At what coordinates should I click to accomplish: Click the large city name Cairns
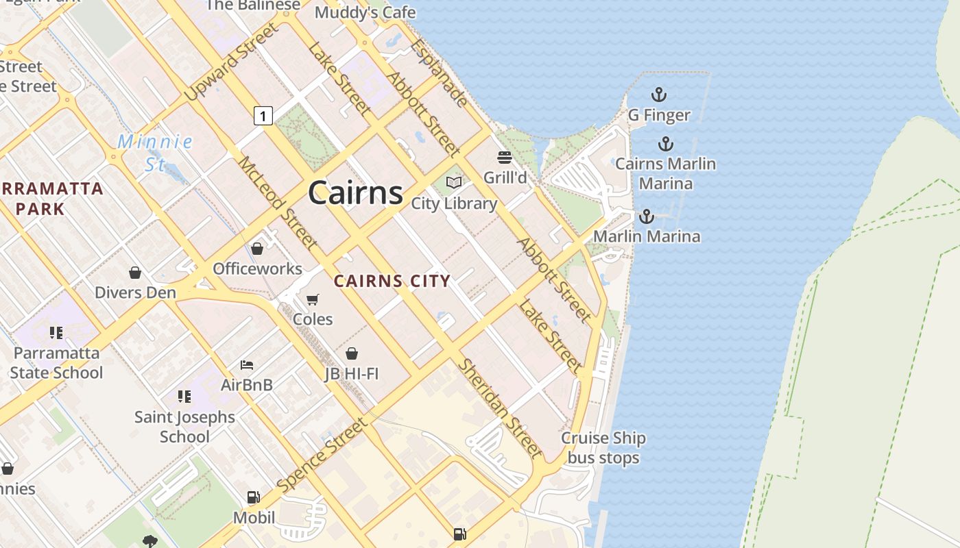[x=355, y=192]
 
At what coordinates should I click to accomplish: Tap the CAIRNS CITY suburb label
[x=392, y=281]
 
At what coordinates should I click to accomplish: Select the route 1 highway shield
[x=263, y=115]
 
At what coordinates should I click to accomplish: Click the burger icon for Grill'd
[x=505, y=158]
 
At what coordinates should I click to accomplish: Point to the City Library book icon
[x=454, y=183]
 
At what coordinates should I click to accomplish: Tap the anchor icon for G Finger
[x=659, y=95]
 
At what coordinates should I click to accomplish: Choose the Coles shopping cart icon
[x=313, y=299]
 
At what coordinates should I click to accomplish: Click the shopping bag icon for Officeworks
[x=257, y=249]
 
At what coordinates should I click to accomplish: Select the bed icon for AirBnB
[x=247, y=365]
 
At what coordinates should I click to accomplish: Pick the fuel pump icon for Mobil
[x=253, y=497]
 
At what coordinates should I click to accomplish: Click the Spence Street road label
[x=322, y=457]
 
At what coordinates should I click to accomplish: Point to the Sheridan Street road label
[x=500, y=408]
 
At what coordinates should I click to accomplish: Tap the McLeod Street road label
[x=277, y=203]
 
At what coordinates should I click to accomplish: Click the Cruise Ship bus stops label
[x=603, y=448]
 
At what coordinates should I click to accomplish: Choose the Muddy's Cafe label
[x=365, y=12]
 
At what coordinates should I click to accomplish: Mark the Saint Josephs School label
[x=184, y=426]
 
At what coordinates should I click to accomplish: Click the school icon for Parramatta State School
[x=56, y=333]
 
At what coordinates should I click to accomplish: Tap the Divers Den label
[x=135, y=292]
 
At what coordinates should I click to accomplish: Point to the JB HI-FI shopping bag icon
[x=352, y=353]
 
